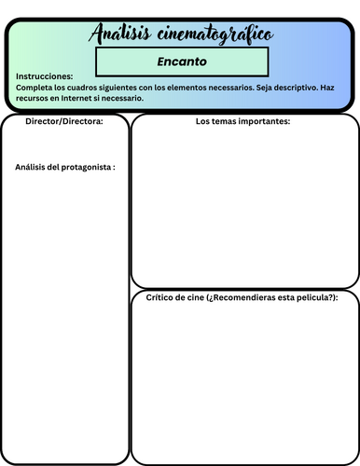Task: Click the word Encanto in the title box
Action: point(181,62)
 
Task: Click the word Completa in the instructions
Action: point(35,87)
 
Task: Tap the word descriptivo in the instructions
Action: point(284,87)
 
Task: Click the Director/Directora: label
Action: point(63,121)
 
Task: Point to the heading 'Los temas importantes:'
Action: point(243,121)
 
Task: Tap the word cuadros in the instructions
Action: point(80,87)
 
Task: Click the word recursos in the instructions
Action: point(33,97)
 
